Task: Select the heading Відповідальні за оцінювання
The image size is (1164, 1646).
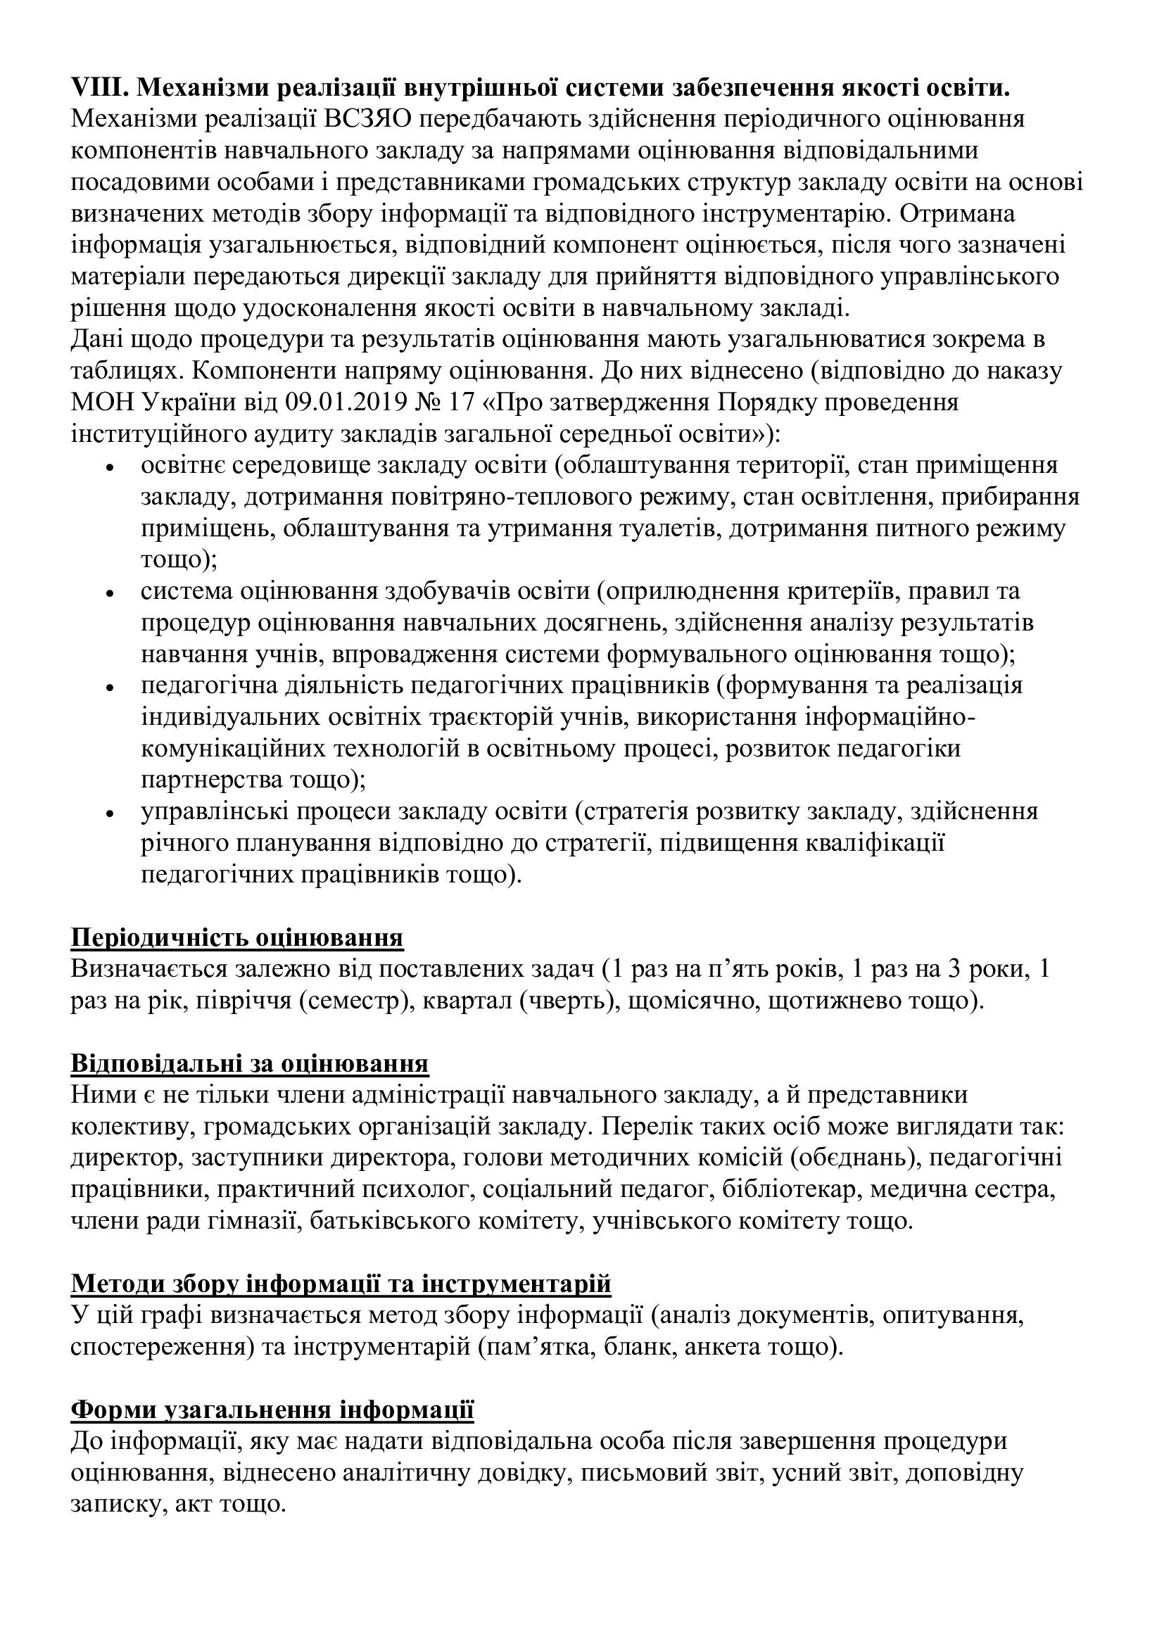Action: point(249,1063)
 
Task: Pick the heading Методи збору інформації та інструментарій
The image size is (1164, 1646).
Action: point(341,1284)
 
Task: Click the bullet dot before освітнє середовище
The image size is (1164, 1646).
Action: point(110,467)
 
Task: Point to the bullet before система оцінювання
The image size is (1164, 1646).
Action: point(110,593)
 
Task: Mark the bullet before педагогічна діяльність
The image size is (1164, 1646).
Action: point(110,687)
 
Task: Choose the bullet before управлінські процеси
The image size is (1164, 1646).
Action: point(110,813)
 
